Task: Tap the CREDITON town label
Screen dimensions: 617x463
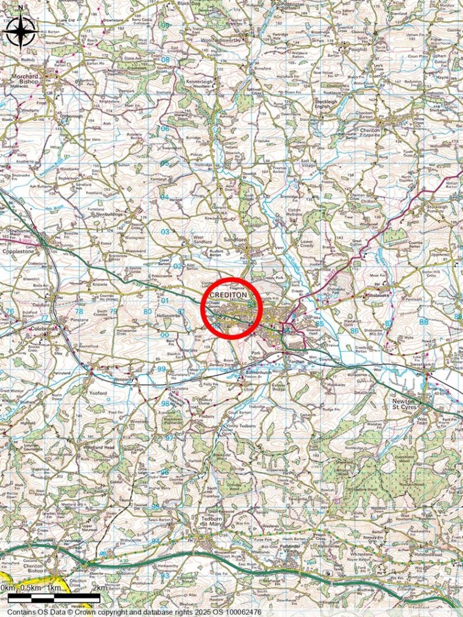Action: (229, 296)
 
